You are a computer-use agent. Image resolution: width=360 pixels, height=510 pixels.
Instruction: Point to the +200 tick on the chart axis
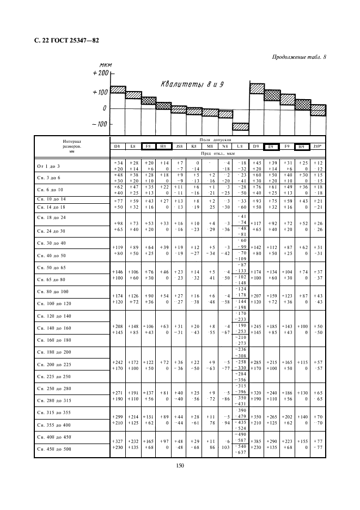(101, 72)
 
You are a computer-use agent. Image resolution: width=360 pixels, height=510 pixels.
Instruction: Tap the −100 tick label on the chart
(100, 124)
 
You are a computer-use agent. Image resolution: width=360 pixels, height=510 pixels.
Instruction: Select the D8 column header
(117, 146)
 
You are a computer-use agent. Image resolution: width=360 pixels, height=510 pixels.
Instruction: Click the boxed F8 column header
(148, 146)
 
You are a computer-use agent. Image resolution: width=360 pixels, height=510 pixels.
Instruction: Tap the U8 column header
(240, 146)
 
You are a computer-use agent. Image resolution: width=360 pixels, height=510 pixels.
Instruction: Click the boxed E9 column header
(271, 146)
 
